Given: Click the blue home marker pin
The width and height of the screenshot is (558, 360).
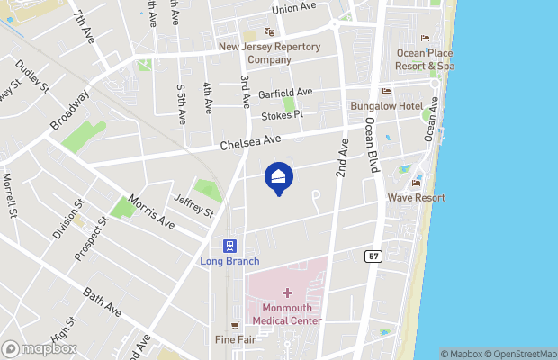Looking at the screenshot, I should tap(279, 178).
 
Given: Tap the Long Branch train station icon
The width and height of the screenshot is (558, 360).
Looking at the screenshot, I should tap(230, 246).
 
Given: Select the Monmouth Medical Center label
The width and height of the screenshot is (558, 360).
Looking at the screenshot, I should tap(287, 314).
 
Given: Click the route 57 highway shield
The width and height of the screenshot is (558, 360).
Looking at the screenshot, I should tap(372, 256).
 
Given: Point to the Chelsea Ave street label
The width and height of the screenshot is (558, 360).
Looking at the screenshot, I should tap(251, 141).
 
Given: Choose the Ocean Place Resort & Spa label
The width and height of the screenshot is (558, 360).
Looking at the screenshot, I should tap(425, 58).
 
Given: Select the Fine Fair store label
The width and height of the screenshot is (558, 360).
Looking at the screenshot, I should tap(234, 339).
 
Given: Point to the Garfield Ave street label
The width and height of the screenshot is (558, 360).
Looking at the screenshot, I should tap(285, 93).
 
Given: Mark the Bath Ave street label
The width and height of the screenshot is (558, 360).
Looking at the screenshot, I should tap(102, 301).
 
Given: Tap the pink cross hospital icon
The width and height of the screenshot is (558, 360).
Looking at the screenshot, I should tap(287, 292).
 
